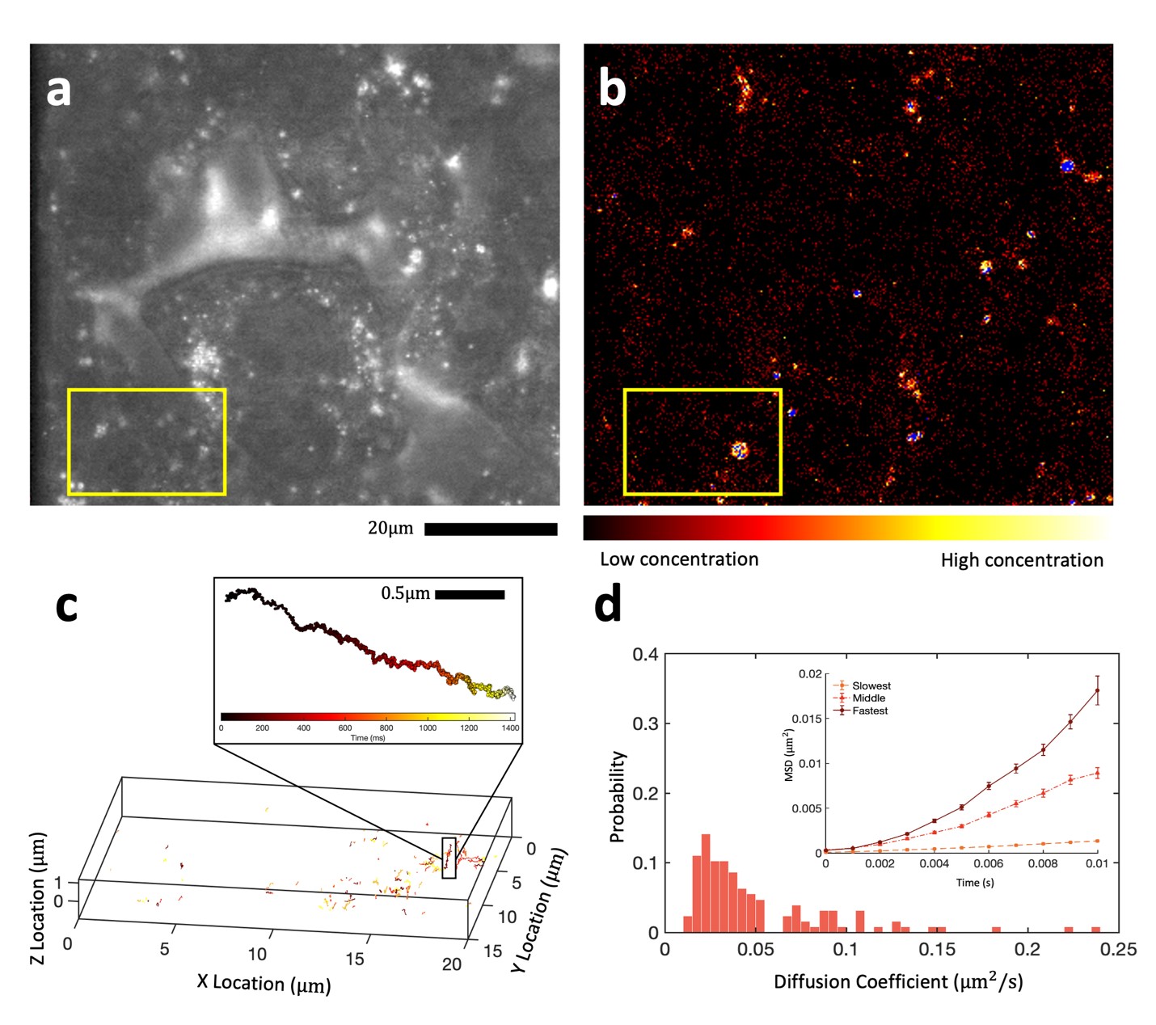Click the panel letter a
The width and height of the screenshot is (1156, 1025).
click(x=58, y=91)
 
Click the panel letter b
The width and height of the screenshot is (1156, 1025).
click(x=612, y=89)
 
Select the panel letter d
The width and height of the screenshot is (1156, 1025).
click(x=608, y=605)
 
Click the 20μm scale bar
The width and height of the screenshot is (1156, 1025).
click(x=490, y=529)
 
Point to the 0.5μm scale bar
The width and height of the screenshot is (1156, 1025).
click(x=470, y=595)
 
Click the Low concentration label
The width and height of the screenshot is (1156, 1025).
click(x=679, y=559)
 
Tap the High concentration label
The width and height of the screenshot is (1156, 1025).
click(x=1022, y=560)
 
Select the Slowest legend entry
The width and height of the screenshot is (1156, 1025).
click(x=871, y=685)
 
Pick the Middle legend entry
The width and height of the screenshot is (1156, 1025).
click(x=868, y=698)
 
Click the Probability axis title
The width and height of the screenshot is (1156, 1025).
click(x=618, y=796)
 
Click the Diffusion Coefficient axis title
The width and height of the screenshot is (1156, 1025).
click(x=898, y=981)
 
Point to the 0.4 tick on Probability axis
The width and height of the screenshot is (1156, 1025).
click(x=645, y=654)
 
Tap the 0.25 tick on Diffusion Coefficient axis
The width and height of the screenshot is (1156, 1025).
click(x=1119, y=950)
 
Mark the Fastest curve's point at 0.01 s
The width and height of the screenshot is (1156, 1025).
click(x=1097, y=690)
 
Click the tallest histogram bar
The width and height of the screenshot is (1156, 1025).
click(x=706, y=883)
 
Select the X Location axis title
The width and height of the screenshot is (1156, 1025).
click(x=264, y=983)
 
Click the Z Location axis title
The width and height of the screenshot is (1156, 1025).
click(x=37, y=897)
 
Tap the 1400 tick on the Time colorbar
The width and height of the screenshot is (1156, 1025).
click(x=510, y=728)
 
